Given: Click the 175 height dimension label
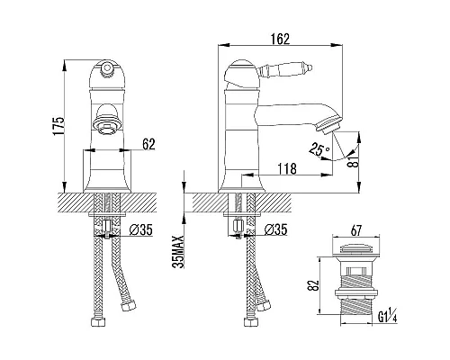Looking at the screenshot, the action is (x=58, y=126).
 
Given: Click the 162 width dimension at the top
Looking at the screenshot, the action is (x=281, y=39).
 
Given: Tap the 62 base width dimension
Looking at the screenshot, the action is (x=148, y=144).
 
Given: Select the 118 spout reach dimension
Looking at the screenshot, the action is (x=287, y=168).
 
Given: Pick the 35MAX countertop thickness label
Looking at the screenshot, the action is (x=178, y=252).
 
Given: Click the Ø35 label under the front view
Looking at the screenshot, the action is (x=140, y=230).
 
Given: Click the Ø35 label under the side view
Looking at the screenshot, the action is (x=275, y=229).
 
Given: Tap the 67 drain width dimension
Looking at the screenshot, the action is (x=355, y=230).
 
